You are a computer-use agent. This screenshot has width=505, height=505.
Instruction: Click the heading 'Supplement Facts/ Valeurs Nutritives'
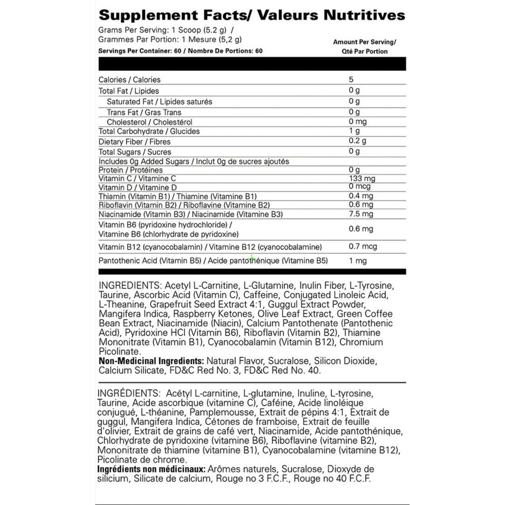coord(252,15)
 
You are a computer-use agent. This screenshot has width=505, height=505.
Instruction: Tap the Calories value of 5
coord(351,79)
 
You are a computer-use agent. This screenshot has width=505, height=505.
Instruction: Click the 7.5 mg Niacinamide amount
coord(361,214)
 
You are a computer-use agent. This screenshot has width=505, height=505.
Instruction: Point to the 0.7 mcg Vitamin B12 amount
coord(363,246)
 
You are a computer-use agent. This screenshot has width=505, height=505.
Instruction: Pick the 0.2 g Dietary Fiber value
coord(358,141)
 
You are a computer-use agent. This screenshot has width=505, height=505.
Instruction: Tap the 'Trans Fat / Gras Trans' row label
coord(144,112)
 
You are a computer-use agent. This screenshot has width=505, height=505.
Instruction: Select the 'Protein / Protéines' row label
coord(130,170)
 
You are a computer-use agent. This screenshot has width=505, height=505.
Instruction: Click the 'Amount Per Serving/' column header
coord(364,42)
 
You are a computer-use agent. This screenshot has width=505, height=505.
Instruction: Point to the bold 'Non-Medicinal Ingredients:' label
coord(151,361)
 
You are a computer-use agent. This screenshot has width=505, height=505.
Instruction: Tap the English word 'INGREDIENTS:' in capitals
coord(128,286)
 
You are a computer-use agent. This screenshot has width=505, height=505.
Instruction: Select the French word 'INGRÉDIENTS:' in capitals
coord(126,393)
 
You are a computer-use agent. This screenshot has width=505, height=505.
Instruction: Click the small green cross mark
coord(252,258)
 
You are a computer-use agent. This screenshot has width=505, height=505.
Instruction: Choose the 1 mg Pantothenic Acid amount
coord(358,261)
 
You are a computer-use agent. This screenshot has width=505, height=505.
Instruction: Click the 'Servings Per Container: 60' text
coord(139,51)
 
